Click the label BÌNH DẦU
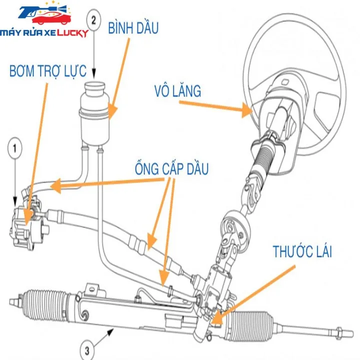[x=133, y=28]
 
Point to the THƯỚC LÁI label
[x=302, y=251]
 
